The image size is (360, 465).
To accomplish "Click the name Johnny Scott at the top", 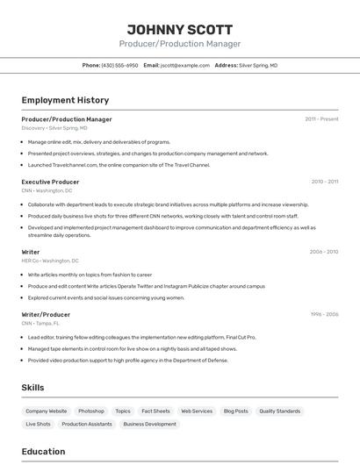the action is pos(180,28).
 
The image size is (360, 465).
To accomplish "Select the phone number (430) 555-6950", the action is pos(119,66).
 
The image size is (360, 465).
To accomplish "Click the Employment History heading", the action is pos(65,101).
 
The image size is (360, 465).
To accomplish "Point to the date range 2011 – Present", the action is pos(321,119).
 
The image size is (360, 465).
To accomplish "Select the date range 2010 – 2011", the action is pos(324,182).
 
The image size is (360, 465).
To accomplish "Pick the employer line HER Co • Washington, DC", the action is pos(50,261).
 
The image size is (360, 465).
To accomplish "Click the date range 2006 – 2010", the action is pos(323,252).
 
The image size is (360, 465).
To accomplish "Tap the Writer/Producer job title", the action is pos(46,314).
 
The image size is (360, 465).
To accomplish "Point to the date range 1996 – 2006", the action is pos(323,314).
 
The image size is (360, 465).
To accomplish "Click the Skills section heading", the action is pos(32,387).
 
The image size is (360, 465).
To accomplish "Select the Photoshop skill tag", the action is pos(91,411).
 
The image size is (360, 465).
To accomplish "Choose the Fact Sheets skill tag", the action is pos(155,411).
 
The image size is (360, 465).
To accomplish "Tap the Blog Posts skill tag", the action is pos(235,411).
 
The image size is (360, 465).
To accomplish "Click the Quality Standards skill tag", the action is pos(280,411).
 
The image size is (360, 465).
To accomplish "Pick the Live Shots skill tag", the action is pos(38,424).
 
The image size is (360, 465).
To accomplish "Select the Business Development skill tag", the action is pos(149,424).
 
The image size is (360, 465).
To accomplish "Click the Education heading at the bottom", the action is pos(43,452).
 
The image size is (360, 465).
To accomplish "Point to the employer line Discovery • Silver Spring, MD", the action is pos(55,128).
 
